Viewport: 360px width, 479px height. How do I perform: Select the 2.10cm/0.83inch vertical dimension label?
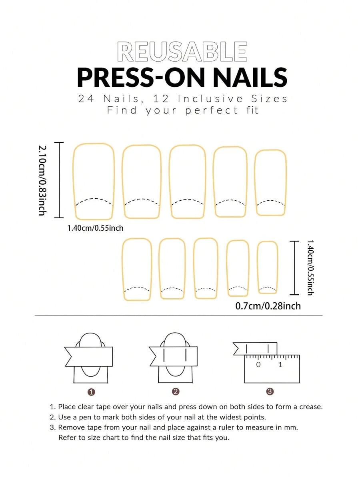42,180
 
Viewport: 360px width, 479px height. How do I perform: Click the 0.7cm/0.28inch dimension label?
268,306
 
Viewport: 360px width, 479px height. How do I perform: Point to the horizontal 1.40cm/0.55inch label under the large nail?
95,228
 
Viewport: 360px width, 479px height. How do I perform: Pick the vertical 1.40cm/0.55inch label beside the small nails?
310,267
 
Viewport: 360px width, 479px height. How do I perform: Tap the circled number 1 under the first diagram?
91,392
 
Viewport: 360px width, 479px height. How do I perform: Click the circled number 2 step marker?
176,391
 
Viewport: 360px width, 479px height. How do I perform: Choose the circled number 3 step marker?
270,391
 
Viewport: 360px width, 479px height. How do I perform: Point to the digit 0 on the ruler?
258,364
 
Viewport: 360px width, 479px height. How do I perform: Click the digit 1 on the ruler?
280,364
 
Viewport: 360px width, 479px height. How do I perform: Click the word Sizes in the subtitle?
270,99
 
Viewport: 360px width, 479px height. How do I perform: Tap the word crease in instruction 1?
310,407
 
